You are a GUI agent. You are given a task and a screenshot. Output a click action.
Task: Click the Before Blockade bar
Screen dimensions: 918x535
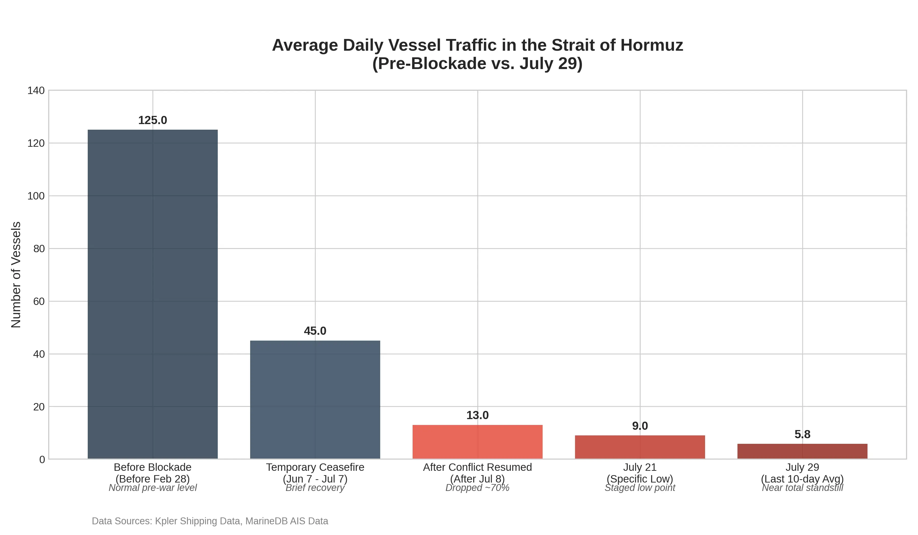[153, 294]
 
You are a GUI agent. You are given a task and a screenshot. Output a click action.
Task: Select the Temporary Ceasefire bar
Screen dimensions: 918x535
[315, 400]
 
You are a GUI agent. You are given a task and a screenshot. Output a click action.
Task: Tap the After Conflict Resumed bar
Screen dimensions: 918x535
[478, 442]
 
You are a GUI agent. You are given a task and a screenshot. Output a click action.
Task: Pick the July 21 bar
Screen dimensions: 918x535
[640, 447]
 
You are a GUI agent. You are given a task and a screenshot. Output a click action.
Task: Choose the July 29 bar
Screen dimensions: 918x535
[802, 451]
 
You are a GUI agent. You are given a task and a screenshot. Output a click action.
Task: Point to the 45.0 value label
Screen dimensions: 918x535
[315, 331]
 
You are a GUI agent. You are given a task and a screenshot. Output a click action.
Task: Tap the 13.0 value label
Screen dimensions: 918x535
[478, 415]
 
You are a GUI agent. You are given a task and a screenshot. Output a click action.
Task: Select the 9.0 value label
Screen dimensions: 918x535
[640, 426]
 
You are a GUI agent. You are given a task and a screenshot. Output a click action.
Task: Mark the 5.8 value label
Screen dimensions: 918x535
[802, 434]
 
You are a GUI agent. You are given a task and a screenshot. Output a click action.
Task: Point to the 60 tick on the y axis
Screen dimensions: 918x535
[39, 301]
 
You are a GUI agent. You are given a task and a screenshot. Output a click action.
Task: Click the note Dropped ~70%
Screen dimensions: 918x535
[478, 488]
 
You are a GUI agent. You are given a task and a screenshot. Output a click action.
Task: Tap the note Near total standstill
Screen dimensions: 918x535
[802, 488]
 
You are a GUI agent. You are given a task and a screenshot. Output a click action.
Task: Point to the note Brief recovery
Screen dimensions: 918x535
[315, 488]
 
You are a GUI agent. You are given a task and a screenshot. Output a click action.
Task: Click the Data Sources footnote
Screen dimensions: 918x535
[210, 521]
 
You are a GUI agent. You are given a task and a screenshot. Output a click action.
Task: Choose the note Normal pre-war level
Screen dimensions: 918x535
[153, 488]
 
